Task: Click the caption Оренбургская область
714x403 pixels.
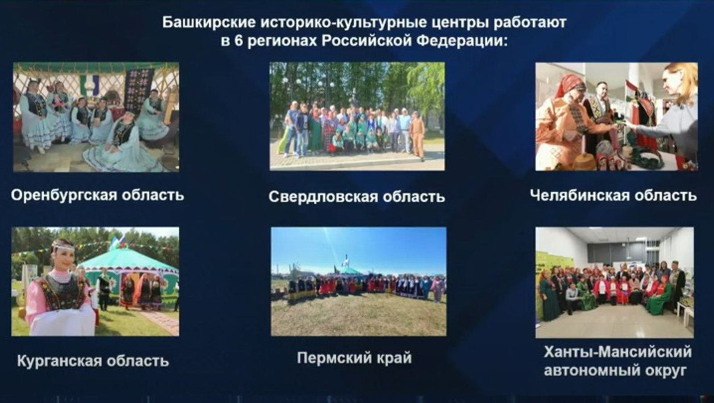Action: point(98,195)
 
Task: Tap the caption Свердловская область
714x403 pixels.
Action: point(357,196)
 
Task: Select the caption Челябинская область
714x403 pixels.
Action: point(614,195)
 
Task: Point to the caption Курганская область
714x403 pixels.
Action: point(93,361)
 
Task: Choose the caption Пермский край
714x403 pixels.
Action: point(354,358)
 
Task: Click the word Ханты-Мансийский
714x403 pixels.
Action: point(618,352)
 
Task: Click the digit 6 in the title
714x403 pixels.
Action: point(239,41)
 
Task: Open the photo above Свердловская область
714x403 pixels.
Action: point(357,116)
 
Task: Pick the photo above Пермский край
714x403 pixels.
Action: point(359,282)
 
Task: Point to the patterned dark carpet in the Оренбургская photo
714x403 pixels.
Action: point(139,90)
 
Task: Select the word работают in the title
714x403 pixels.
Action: point(530,23)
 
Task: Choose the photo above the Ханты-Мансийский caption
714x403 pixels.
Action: point(614,283)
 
